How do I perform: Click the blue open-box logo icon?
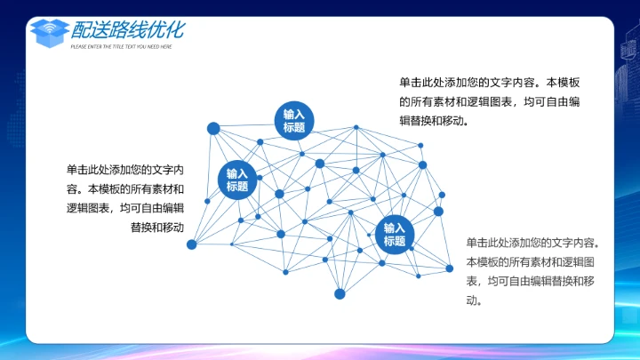[49, 32]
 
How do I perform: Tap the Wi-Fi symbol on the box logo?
[49, 28]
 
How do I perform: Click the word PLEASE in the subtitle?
[79, 46]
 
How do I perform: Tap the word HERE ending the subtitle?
[165, 46]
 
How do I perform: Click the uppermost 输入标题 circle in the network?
[294, 121]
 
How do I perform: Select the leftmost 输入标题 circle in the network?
[237, 180]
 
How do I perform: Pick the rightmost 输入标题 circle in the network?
[395, 234]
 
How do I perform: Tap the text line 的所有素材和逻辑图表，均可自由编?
[490, 101]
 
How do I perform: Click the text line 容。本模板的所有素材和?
[124, 188]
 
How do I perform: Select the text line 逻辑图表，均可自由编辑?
[124, 208]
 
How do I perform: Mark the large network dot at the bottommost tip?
[340, 293]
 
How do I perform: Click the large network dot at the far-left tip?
[191, 244]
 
